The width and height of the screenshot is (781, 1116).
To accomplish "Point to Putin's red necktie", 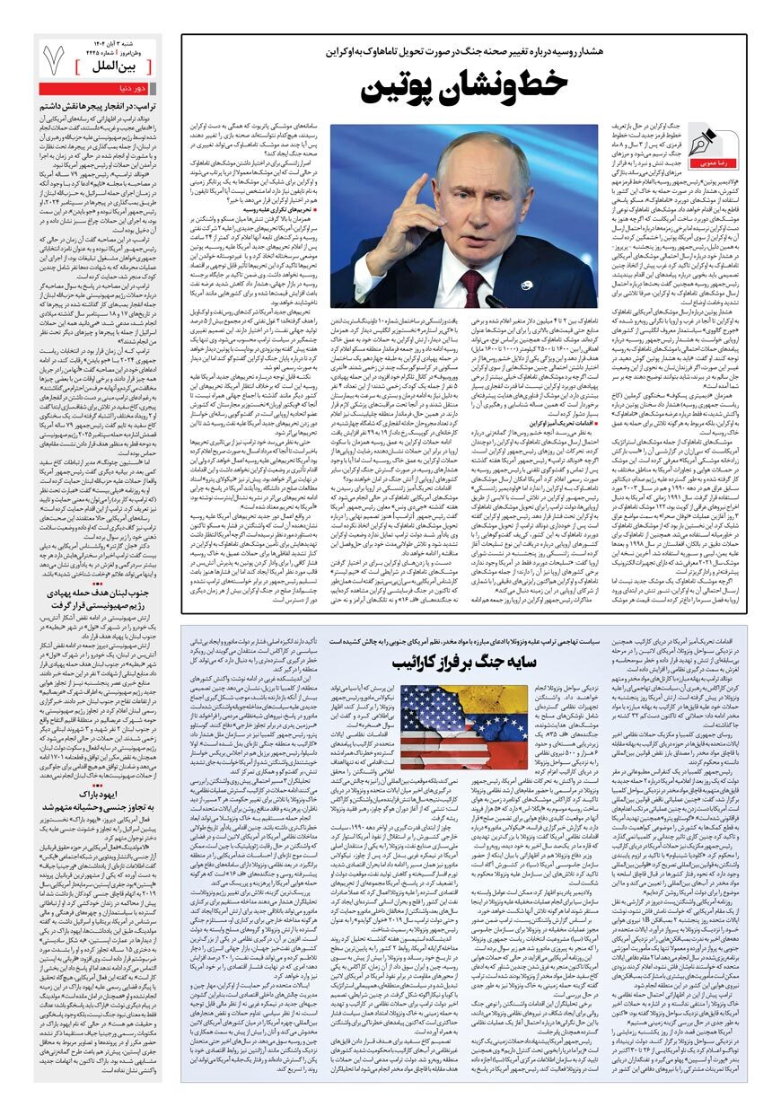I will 474,286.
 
